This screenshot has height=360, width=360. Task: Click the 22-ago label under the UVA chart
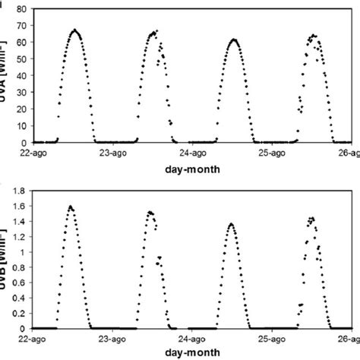click(x=33, y=153)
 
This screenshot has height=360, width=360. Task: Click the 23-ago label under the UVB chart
click(x=112, y=339)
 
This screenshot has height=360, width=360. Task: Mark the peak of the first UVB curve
click(x=71, y=206)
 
